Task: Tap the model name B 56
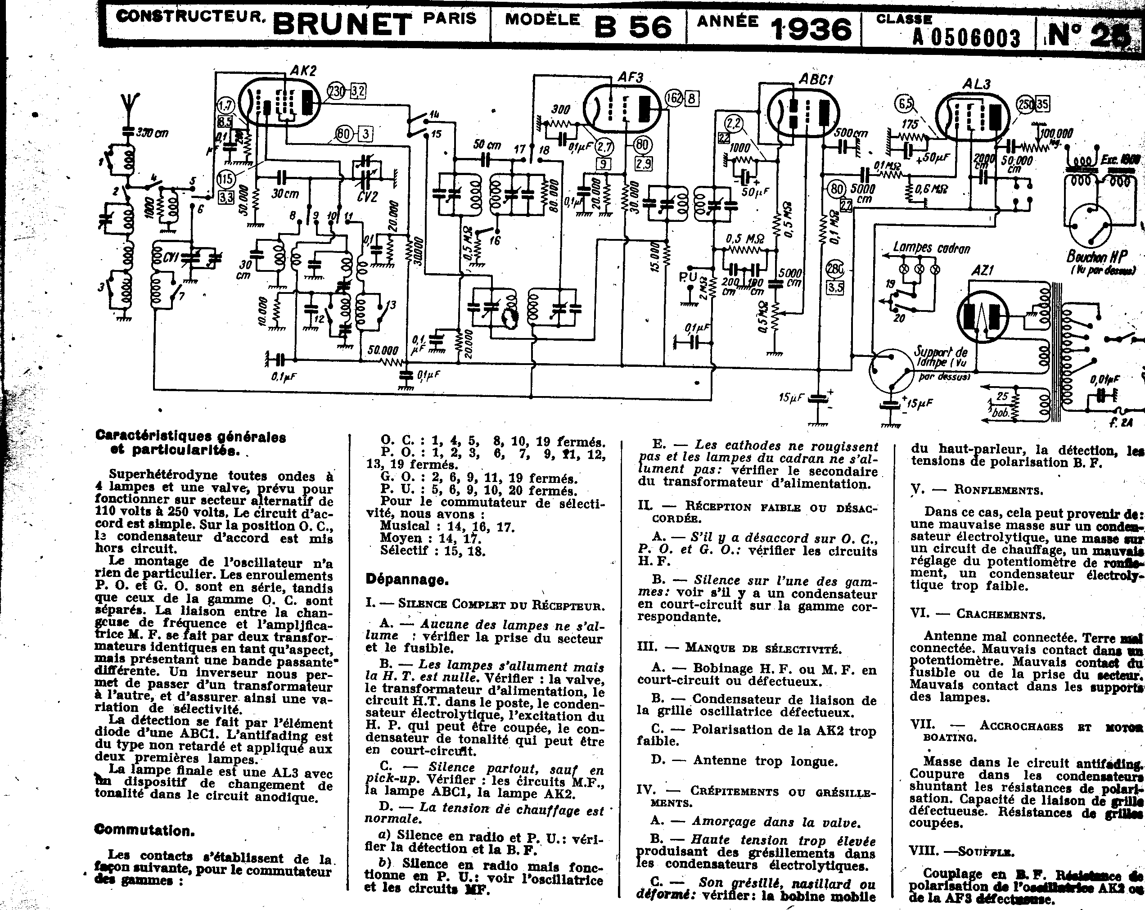(632, 26)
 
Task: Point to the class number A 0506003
(967, 37)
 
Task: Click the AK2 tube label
(303, 70)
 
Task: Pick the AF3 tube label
(631, 77)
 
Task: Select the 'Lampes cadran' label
(932, 248)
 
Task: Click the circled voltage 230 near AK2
(336, 91)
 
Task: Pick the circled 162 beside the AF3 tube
(673, 98)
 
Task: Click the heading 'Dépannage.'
(407, 579)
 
